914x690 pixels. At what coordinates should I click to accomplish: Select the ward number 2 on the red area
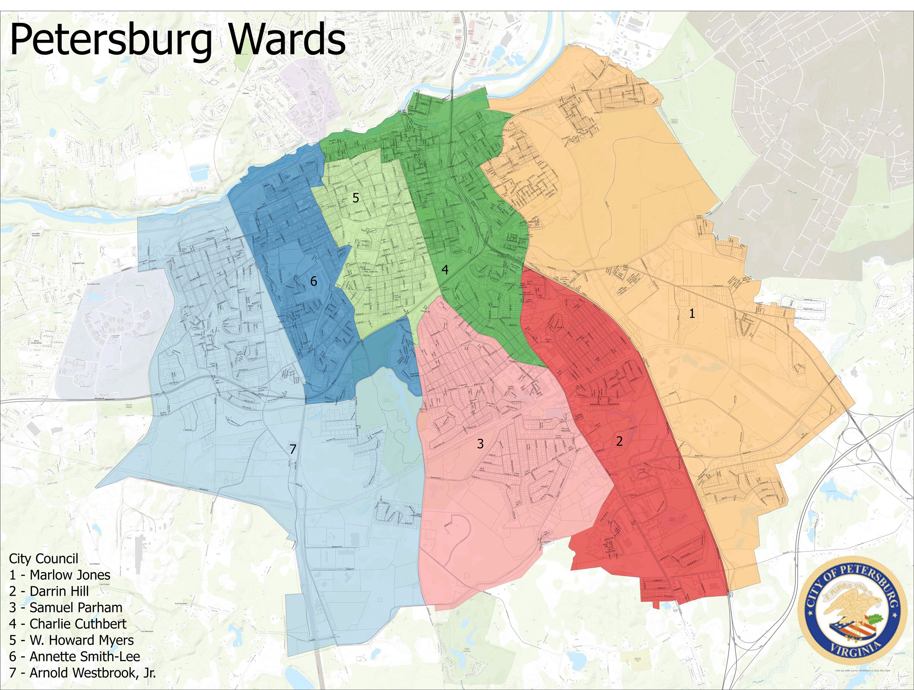[619, 441]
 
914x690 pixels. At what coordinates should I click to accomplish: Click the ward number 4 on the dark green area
[445, 270]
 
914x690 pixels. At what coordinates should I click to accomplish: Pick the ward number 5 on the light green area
[355, 198]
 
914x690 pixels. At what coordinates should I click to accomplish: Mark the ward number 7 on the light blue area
[293, 449]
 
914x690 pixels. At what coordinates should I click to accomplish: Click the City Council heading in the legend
[43, 559]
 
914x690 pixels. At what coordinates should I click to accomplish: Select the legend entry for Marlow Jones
[59, 575]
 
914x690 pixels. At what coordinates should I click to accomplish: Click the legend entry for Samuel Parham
[66, 608]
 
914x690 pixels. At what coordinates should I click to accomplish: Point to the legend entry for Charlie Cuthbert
[68, 624]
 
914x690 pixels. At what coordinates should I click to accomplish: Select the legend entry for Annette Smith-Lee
[75, 657]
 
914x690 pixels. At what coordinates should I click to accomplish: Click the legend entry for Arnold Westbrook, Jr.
[82, 673]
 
